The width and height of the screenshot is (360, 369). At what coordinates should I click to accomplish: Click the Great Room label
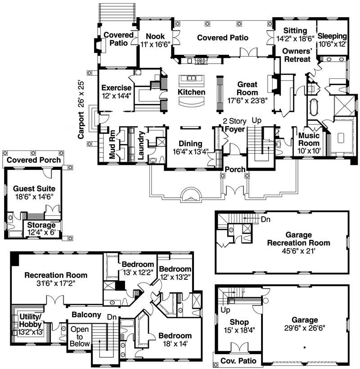coord(247,88)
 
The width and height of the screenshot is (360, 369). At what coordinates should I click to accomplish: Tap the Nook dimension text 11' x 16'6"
coord(155,45)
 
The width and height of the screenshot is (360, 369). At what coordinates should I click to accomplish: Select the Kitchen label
coord(192,92)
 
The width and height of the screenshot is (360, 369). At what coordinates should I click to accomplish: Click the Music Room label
coord(309,139)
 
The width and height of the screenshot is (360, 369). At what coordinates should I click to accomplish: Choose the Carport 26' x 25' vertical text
coord(81,109)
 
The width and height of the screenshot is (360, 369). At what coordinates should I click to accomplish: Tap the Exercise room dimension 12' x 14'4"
coord(116,96)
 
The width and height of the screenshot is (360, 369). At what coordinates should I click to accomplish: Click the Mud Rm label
coord(112,144)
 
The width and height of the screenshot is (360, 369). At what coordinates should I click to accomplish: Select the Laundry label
coord(140,145)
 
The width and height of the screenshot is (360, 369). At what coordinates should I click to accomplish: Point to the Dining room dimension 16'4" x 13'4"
coord(190,152)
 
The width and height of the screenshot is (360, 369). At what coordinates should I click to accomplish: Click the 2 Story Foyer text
coord(234,125)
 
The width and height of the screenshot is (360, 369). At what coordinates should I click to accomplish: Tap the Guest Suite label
coord(34,188)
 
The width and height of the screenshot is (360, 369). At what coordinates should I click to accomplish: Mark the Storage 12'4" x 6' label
coord(41,228)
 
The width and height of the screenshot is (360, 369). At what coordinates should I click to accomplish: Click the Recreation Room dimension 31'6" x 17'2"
coord(56,283)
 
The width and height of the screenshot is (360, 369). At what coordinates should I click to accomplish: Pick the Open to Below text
coord(80,336)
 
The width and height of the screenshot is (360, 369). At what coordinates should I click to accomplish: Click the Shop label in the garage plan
coord(239,322)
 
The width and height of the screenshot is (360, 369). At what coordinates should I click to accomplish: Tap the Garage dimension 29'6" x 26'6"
coord(305,328)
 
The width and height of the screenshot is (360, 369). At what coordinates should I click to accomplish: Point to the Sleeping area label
coord(332,36)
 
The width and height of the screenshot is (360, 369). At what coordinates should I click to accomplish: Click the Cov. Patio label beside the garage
coord(238,361)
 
